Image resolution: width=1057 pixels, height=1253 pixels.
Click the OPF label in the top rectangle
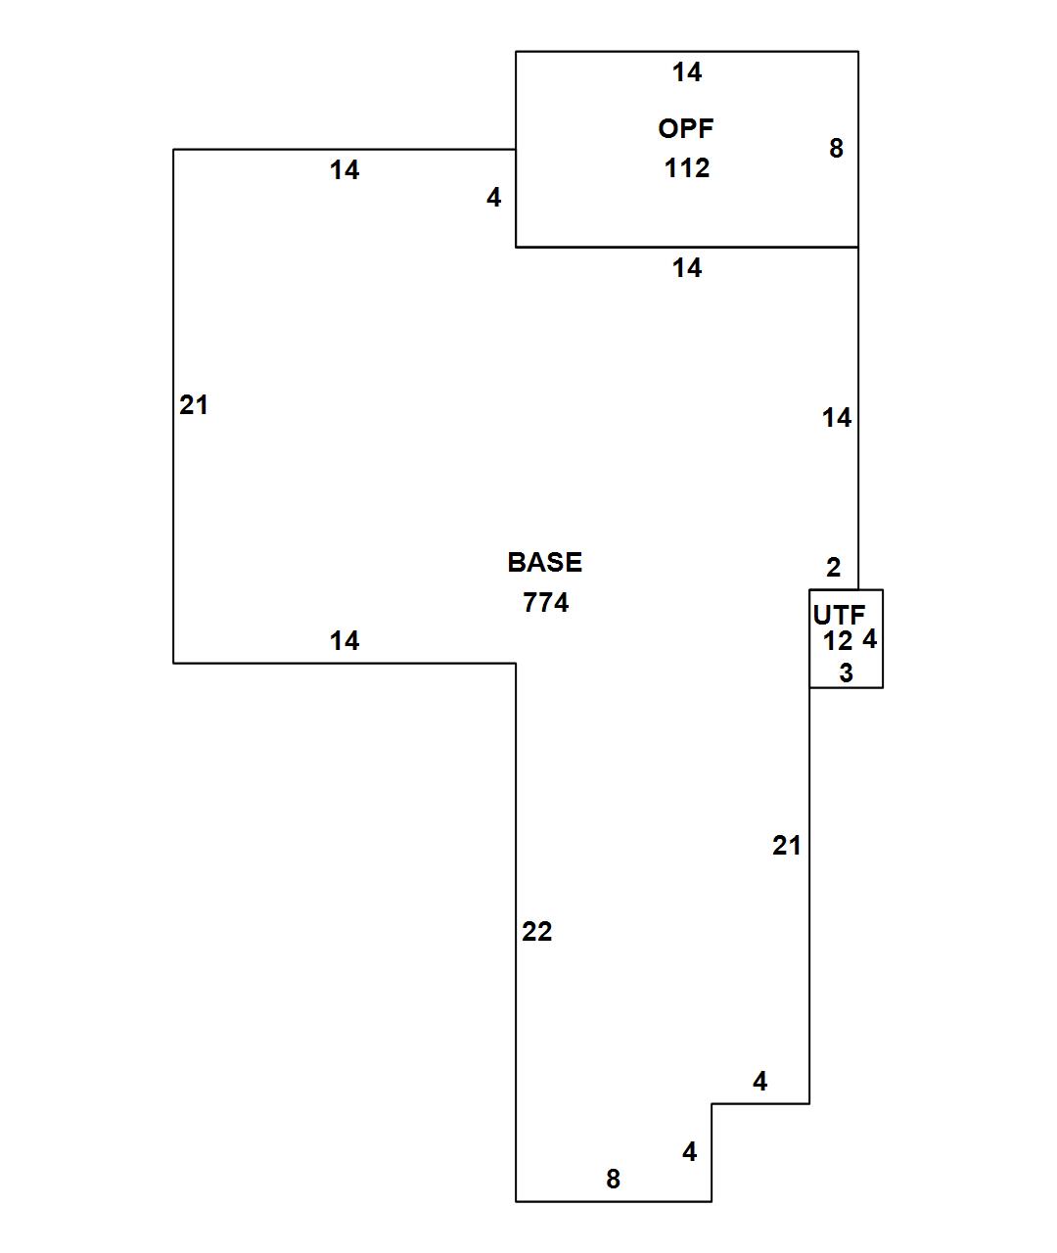686,128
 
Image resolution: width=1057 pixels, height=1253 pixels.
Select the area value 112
687,168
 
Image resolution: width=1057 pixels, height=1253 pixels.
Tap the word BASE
544,562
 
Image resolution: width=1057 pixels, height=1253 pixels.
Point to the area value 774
546,602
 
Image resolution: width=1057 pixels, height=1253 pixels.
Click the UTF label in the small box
839,615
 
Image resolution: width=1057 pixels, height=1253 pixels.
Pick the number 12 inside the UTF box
838,641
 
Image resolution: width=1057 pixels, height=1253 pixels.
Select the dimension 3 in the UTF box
847,673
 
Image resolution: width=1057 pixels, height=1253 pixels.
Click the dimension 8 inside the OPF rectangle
836,148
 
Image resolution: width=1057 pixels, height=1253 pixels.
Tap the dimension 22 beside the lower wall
537,932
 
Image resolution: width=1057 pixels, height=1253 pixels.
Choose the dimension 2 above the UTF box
834,567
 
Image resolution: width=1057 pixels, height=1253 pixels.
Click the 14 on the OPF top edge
687,71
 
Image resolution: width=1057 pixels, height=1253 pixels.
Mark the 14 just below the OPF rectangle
687,267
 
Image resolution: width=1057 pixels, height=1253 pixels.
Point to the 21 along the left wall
194,404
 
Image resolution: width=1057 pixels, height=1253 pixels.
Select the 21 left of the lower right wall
787,845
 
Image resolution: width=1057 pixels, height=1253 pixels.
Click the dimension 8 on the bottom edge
614,1179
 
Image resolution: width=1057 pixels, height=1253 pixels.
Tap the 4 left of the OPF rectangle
494,198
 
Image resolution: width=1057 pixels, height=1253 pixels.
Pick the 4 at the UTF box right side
870,639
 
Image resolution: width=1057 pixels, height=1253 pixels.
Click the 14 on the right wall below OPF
837,418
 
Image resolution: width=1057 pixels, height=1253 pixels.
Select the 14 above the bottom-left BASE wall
345,640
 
